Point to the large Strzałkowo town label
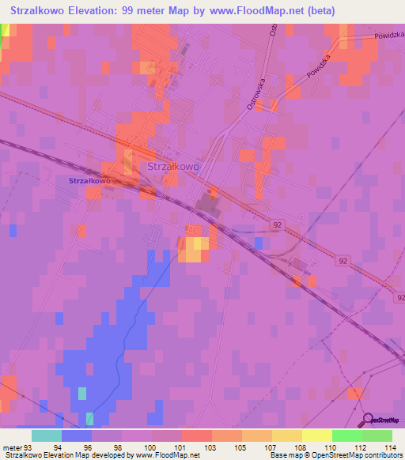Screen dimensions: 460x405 point(173,168)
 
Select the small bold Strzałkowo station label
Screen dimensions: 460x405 point(89,180)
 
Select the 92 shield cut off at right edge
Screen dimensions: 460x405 point(399,297)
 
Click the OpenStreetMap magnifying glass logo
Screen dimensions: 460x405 point(367,420)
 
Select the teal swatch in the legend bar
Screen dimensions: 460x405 point(47,435)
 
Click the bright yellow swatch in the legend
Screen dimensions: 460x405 point(317,435)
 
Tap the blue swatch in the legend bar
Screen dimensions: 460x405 point(77,435)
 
